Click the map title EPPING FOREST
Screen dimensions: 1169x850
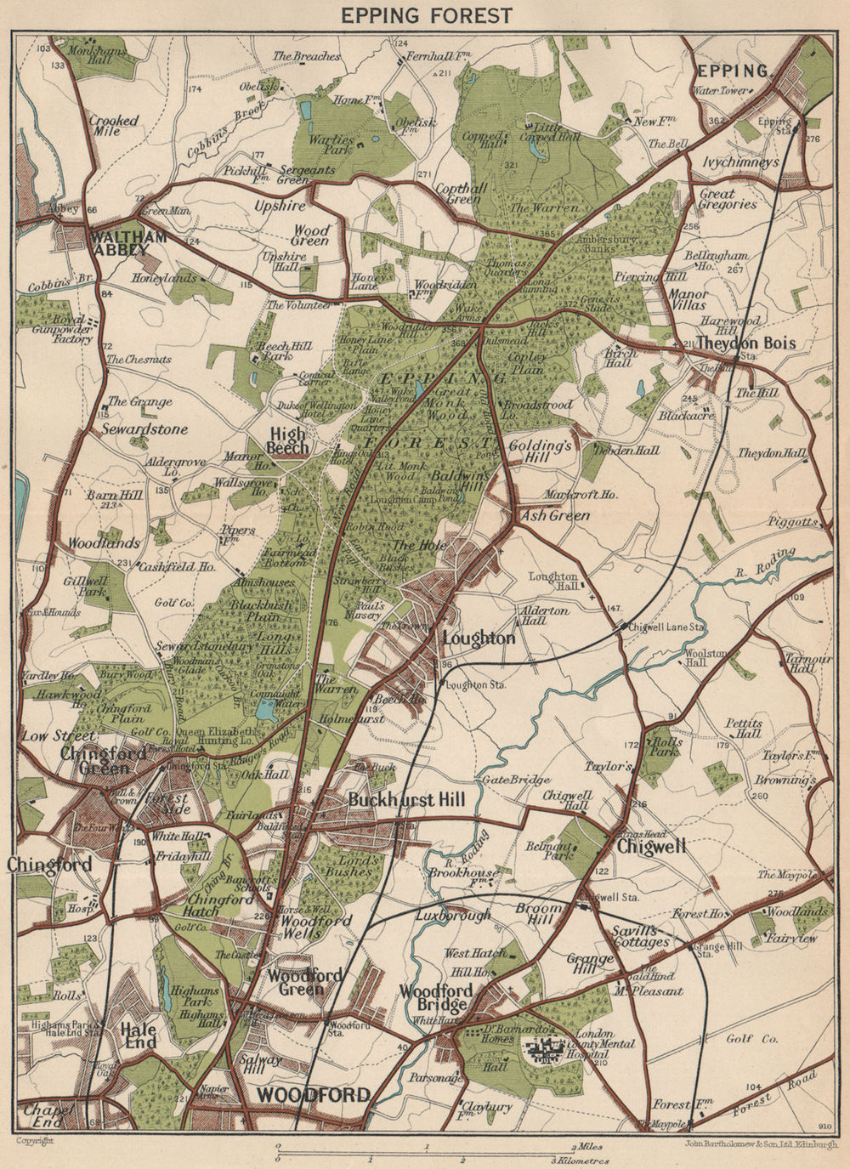[425, 15]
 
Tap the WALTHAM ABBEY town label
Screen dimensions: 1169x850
[127, 244]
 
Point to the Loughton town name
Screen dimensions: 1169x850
[479, 638]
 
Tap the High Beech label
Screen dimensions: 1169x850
[286, 440]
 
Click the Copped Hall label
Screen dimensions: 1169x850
[479, 140]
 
